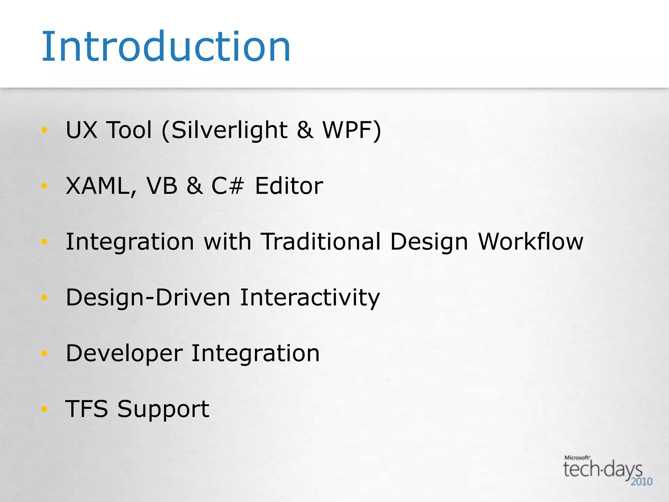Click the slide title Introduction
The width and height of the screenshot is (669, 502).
click(x=166, y=46)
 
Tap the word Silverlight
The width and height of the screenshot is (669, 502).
click(x=229, y=130)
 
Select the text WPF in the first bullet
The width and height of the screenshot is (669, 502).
click(x=348, y=130)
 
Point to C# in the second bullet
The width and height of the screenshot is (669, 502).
click(x=227, y=186)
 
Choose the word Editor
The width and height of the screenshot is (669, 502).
click(x=289, y=186)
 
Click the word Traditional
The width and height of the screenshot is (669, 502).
click(x=321, y=242)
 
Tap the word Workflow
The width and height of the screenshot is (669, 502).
click(x=530, y=242)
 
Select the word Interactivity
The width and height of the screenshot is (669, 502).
click(x=310, y=298)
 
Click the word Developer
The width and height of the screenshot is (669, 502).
click(x=124, y=354)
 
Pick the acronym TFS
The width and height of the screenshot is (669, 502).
click(x=87, y=409)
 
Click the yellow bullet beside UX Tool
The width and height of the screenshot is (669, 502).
click(x=44, y=130)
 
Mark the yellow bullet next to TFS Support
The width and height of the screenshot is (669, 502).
click(x=44, y=409)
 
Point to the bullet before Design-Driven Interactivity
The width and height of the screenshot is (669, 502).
click(x=44, y=297)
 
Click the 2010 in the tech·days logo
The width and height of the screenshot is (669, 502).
click(x=642, y=481)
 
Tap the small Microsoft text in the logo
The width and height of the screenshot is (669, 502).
click(x=577, y=458)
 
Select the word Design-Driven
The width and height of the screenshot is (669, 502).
click(x=148, y=298)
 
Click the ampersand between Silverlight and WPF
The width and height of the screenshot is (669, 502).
click(x=305, y=130)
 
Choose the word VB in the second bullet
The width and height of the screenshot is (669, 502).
click(x=162, y=186)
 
